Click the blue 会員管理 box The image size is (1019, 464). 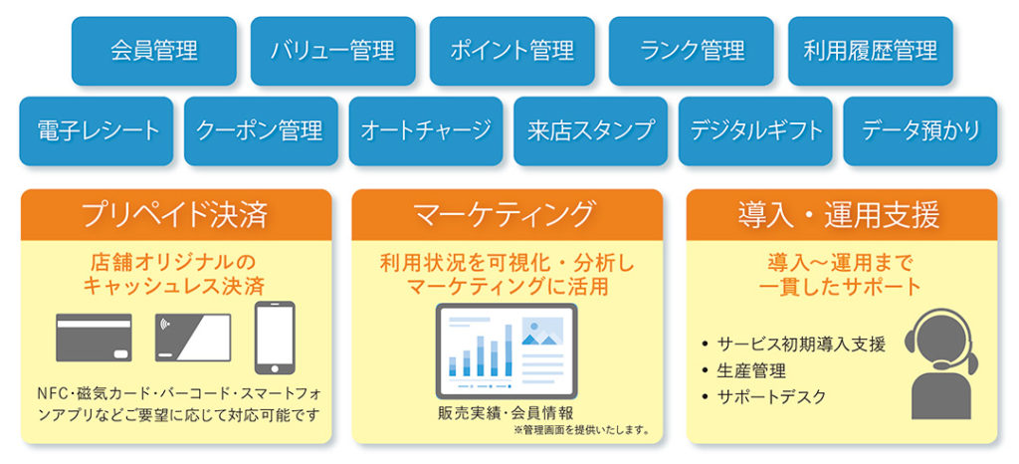tap(154, 51)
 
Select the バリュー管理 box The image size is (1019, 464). tap(332, 51)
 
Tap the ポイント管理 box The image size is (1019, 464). tap(512, 51)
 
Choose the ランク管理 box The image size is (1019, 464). tap(692, 51)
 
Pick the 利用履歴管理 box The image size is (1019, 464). tap(871, 51)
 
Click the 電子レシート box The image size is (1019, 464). tap(97, 131)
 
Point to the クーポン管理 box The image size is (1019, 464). tap(262, 131)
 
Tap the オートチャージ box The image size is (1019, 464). tap(426, 131)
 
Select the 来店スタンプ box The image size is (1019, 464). tap(591, 131)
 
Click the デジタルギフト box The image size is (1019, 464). tap(755, 131)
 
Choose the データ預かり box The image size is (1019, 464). tap(920, 131)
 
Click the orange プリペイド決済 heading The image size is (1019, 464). tap(176, 215)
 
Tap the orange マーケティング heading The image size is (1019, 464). tap(507, 215)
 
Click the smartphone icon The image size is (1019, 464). tap(275, 338)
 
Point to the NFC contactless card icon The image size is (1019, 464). tap(193, 338)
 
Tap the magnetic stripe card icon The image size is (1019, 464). tap(95, 338)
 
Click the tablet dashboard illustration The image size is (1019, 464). tap(507, 350)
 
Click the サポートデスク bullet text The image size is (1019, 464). tap(771, 397)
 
